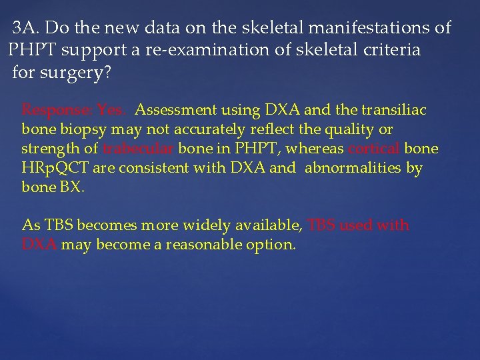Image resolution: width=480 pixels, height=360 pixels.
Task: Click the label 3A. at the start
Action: pyautogui.click(x=27, y=28)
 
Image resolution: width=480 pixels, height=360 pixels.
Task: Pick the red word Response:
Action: pyautogui.click(x=57, y=110)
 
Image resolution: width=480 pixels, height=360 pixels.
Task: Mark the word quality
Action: pyautogui.click(x=342, y=129)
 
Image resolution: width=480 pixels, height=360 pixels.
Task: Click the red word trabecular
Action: pyautogui.click(x=138, y=149)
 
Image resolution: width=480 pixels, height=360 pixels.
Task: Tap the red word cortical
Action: pyautogui.click(x=374, y=149)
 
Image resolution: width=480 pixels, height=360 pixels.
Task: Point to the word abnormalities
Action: pyautogui.click(x=353, y=168)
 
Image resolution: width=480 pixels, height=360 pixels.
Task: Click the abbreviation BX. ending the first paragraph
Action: pyautogui.click(x=72, y=187)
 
